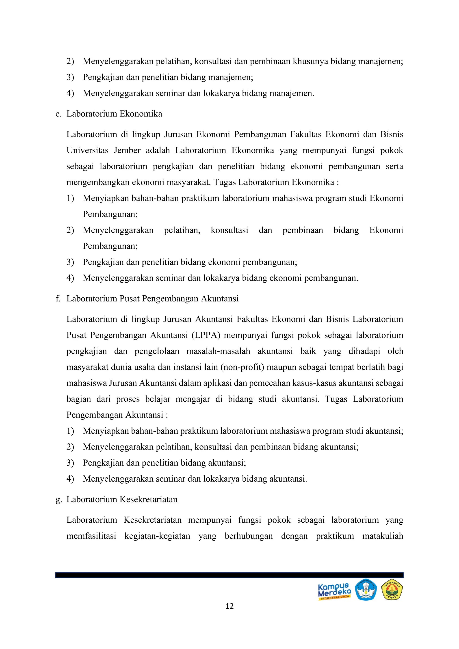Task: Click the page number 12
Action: point(229,606)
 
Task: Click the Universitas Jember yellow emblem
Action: point(392,590)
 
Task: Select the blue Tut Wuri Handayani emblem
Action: point(366,590)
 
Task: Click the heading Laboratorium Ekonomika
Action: point(114,114)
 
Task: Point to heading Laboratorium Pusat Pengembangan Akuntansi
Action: point(152,299)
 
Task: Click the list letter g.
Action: point(58,500)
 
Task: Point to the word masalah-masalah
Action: point(218,351)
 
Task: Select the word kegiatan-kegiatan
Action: point(157,536)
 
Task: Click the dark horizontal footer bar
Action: point(229,575)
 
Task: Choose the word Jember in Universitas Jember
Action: point(127,150)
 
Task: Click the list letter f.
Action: point(58,299)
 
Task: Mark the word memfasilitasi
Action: point(91,536)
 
